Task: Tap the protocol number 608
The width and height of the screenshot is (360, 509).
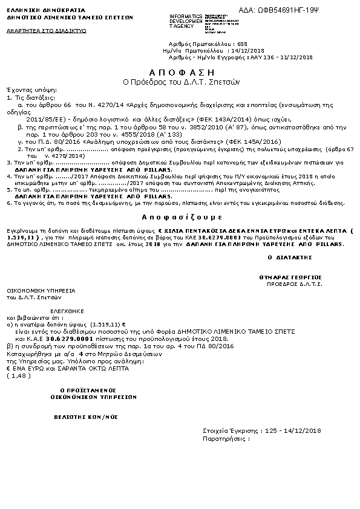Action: pos(243,44)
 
